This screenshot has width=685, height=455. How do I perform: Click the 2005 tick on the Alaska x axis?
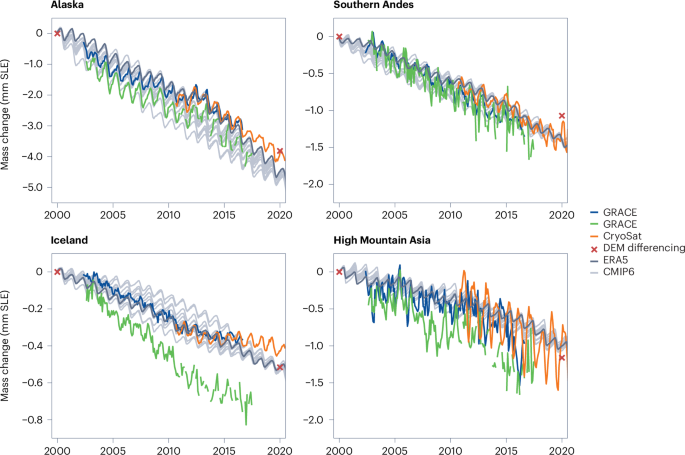(x=114, y=213)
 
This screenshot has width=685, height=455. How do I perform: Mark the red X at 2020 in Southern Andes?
(x=562, y=116)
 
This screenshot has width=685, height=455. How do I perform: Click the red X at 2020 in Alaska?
(x=280, y=151)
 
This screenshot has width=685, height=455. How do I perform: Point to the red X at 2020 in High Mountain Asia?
(x=562, y=357)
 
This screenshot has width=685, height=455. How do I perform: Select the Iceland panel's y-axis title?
(x=8, y=345)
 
